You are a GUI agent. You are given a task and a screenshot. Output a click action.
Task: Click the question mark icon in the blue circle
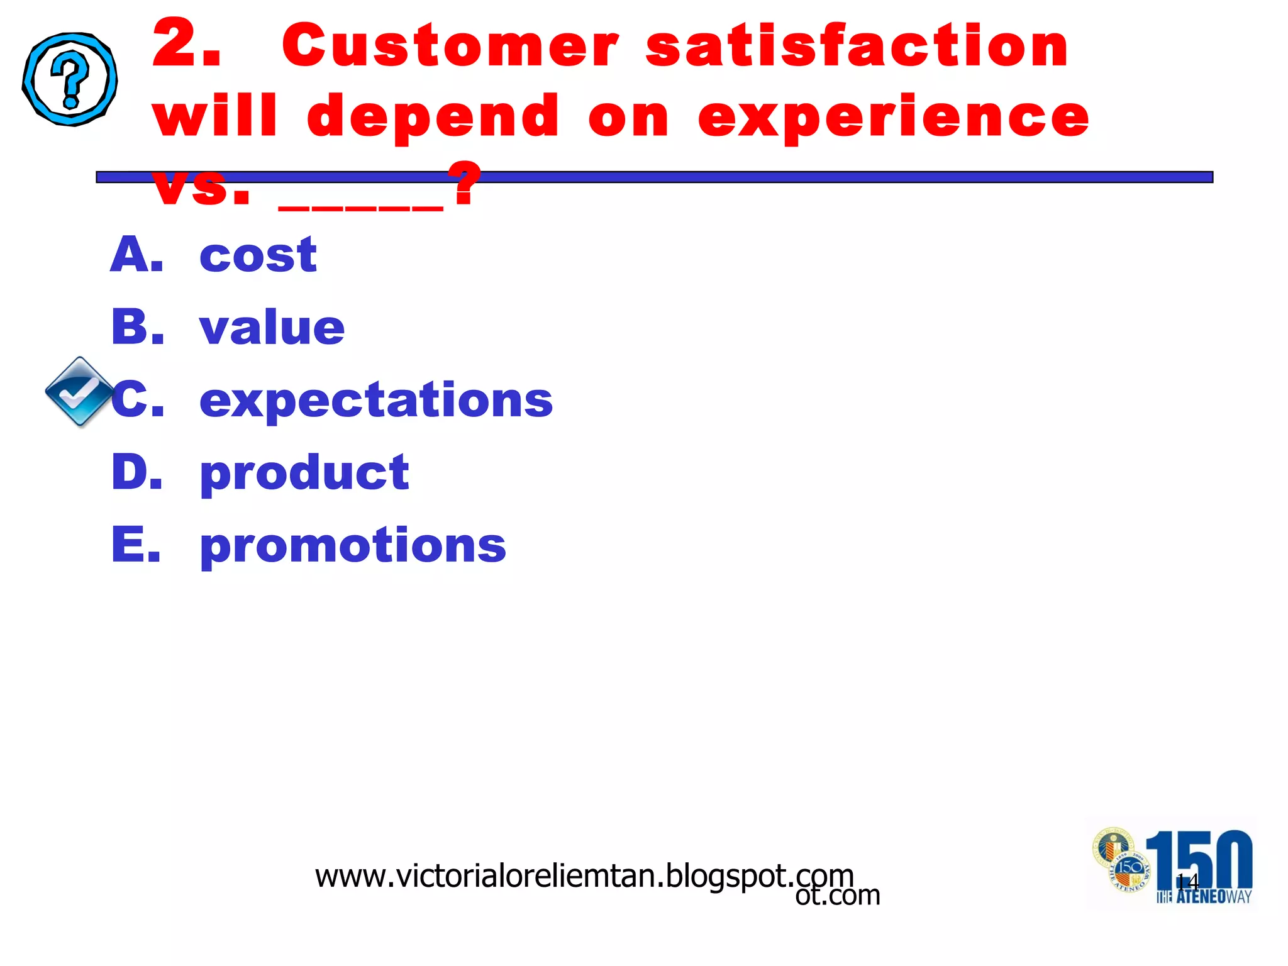coord(70,79)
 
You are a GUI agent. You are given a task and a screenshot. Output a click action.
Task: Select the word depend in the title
coord(433,118)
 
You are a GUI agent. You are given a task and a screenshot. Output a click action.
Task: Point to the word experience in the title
coord(893,118)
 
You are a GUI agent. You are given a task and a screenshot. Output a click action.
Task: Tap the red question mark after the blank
coord(466,184)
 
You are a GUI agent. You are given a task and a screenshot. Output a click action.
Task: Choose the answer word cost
coord(258,255)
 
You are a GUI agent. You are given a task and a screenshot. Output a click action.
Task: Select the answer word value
coord(272,328)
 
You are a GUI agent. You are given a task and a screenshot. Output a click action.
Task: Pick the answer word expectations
coord(375,401)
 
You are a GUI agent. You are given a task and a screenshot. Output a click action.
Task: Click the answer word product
coord(304,473)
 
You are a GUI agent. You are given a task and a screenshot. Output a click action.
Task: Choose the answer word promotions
coord(353,545)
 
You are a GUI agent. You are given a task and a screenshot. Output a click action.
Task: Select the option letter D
coord(137,472)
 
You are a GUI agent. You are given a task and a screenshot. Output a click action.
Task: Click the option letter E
coord(136,545)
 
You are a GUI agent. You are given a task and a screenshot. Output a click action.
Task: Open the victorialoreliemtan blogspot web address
coord(584,876)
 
